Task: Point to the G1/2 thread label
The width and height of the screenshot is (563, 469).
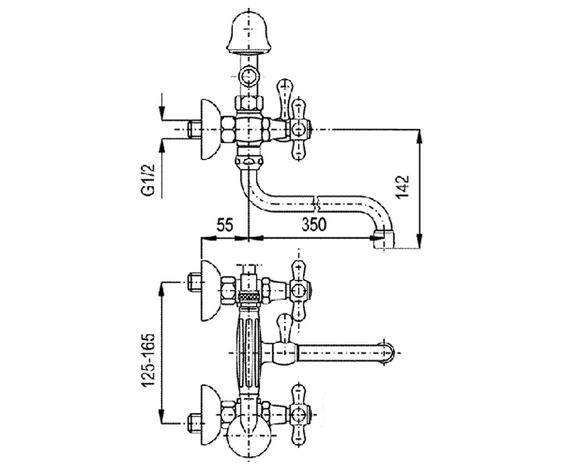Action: [x=148, y=180]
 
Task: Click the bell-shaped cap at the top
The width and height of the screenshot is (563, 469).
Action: [x=247, y=34]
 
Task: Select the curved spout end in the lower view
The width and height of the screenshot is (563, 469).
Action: [x=388, y=353]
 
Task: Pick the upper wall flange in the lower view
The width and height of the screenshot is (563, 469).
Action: [x=210, y=291]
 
